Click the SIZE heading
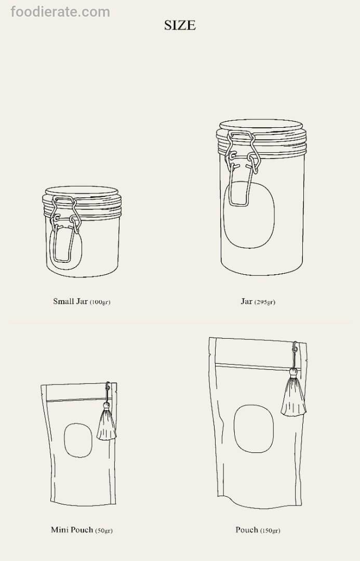coord(180,25)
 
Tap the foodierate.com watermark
coord(60,12)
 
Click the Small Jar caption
coord(82,301)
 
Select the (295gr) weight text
coord(265,302)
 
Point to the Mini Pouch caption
coord(82,530)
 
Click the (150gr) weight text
coord(270,530)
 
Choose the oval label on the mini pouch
coord(78,440)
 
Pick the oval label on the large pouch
coord(254,429)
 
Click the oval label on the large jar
coord(249,215)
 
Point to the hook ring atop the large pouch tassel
coord(295,346)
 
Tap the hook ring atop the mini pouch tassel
coord(107,386)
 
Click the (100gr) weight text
coord(100,302)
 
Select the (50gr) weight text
coord(104,530)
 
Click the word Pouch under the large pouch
coord(247,529)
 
